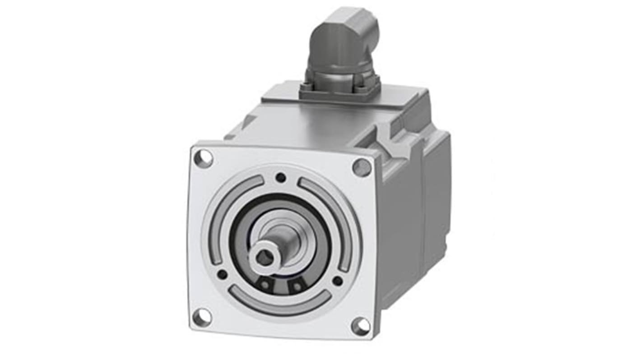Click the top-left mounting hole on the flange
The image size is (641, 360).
(203, 158)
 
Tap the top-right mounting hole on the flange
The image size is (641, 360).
(362, 168)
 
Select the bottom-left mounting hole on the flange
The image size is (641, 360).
(202, 317)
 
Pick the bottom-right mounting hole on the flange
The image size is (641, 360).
(360, 326)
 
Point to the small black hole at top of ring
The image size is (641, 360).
(281, 177)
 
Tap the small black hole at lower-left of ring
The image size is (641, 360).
(222, 274)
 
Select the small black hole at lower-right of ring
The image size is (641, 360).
(337, 281)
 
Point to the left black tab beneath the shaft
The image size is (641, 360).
(266, 285)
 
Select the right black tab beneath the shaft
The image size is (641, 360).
(296, 286)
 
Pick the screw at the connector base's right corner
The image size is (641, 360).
(373, 88)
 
